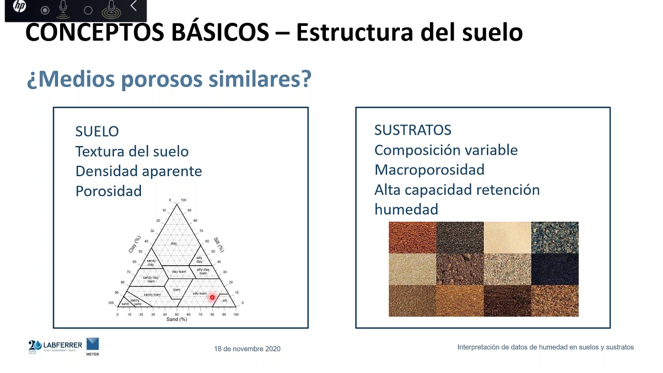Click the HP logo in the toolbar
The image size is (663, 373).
pos(19,7)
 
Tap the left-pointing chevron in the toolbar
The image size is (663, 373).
pos(134,6)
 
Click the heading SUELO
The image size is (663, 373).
pos(97,132)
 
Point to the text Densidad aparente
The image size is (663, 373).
pos(138,171)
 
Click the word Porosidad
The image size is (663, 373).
pos(108,191)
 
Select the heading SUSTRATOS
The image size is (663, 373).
pos(412,130)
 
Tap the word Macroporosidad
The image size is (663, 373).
pos(429,169)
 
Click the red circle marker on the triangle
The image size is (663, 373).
pos(212,297)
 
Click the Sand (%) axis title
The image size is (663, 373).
pos(177,320)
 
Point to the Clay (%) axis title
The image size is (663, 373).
pos(134,244)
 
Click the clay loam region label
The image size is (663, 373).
pos(179,271)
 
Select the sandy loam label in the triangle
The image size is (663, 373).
pos(152,294)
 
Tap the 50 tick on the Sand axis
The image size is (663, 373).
pos(177,314)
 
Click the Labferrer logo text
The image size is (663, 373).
pos(63,345)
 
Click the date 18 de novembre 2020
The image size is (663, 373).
pos(247,349)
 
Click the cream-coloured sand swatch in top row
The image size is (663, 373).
pos(507,237)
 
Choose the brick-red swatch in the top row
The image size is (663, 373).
pos(412,237)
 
